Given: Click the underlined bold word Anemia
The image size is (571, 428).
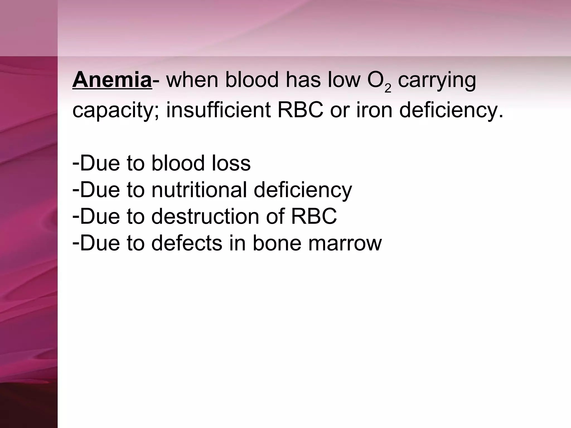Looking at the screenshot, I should click(112, 80).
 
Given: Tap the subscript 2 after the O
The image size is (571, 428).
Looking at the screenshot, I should click(388, 88).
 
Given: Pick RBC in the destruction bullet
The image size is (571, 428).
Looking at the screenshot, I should click(314, 216).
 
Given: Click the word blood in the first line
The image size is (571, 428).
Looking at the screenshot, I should click(252, 80).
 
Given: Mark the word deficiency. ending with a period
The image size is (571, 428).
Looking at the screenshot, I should click(451, 111).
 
